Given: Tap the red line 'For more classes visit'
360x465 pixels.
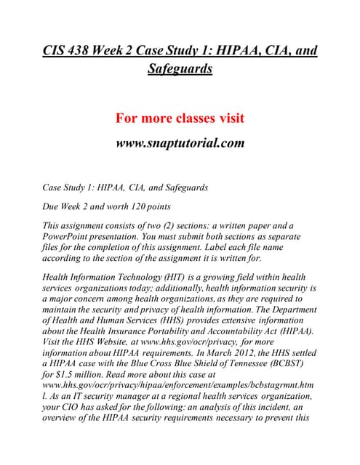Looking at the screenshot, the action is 180,118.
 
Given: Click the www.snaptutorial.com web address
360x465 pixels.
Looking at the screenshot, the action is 180,142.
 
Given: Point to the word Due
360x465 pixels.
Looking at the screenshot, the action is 53,204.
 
